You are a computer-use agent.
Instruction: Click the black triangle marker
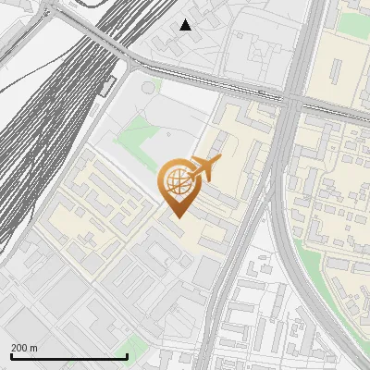click(x=186, y=25)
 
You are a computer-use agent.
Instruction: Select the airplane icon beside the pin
click(x=204, y=167)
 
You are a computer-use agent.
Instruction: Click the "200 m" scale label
click(x=24, y=348)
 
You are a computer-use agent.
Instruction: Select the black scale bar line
click(x=68, y=357)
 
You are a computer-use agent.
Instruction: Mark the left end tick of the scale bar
click(x=11, y=355)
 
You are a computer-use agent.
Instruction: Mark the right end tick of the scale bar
click(x=126, y=355)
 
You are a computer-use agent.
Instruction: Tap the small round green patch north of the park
click(x=147, y=88)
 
